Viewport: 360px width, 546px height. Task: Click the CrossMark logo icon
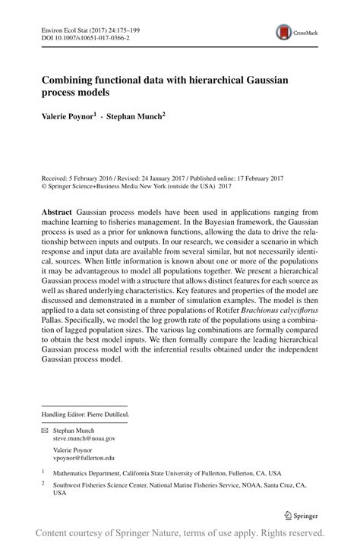tap(284, 32)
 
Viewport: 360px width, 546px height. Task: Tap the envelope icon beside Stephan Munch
tap(45, 430)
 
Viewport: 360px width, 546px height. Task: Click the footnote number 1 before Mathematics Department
tap(43, 471)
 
